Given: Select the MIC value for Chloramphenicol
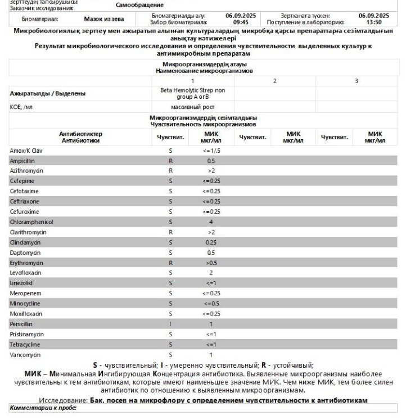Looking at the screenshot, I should pos(211,222).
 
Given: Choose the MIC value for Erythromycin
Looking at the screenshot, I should pos(211,263).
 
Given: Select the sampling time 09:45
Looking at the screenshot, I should pos(241,22).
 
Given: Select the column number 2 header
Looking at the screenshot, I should pos(274,81).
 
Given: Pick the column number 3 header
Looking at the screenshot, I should pos(356,81).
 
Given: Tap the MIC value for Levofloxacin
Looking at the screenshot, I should pos(211,273).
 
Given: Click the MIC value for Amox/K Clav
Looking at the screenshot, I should pos(211,150).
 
